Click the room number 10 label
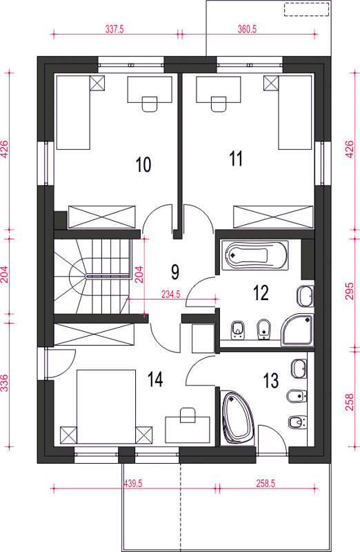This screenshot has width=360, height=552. point(143,164)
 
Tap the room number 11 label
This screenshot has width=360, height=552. point(236,159)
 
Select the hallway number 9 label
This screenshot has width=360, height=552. point(175,272)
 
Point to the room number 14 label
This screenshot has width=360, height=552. point(155,379)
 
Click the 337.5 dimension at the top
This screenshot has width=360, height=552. point(114,29)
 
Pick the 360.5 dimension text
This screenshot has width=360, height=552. point(247,29)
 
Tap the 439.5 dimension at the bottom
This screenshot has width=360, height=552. point(133,484)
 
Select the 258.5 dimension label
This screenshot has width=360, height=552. point(266,484)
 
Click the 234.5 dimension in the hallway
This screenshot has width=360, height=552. point(170,295)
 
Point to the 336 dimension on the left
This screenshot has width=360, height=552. point(4,383)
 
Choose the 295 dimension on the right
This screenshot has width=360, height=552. point(349,290)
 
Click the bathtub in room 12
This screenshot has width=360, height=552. point(254,255)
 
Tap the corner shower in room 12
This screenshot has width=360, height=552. point(297,330)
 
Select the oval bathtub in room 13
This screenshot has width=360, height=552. point(238,417)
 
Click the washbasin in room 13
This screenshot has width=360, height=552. point(299,368)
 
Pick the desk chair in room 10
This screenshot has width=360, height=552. point(149,104)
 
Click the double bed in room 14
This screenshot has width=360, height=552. point(106,406)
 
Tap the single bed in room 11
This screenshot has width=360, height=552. point(295,112)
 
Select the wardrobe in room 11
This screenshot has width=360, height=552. point(273,217)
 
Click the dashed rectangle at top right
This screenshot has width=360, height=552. point(307,9)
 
